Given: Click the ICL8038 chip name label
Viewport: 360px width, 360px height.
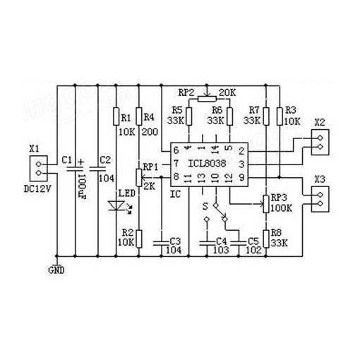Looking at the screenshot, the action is point(207,163).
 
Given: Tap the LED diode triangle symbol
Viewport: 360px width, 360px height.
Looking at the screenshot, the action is point(116,205).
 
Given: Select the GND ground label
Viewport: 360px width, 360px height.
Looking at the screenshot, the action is point(56,270).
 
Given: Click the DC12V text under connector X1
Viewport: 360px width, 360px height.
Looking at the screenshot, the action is point(37,189).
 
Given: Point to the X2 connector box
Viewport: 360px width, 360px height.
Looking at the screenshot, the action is point(320,142).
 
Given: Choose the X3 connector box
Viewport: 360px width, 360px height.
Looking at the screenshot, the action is point(320,199).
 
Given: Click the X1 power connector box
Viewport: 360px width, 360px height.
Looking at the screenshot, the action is point(39,169).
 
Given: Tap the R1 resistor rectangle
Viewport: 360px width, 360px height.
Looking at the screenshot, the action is point(116,116).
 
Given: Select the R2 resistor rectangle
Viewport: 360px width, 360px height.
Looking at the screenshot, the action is point(139,239).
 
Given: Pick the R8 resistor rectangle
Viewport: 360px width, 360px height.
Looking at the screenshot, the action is point(266,239).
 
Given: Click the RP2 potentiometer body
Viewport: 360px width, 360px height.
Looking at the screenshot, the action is point(207,99).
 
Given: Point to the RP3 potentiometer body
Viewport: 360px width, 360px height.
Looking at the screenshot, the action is point(266,204).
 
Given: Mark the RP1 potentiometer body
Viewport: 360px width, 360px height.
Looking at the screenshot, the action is point(139,178).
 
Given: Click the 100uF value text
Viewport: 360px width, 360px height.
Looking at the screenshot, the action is point(82,187).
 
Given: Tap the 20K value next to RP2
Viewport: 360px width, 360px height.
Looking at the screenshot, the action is point(227,92).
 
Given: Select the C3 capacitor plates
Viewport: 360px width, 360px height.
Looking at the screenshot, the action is point(162,243).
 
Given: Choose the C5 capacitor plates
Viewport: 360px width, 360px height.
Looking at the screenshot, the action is point(239,243).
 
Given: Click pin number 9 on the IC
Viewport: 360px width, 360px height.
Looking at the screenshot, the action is point(241,177).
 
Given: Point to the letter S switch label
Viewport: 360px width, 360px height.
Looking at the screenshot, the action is point(205,206).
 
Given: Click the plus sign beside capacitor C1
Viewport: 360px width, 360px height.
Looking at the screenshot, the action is point(80,162).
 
